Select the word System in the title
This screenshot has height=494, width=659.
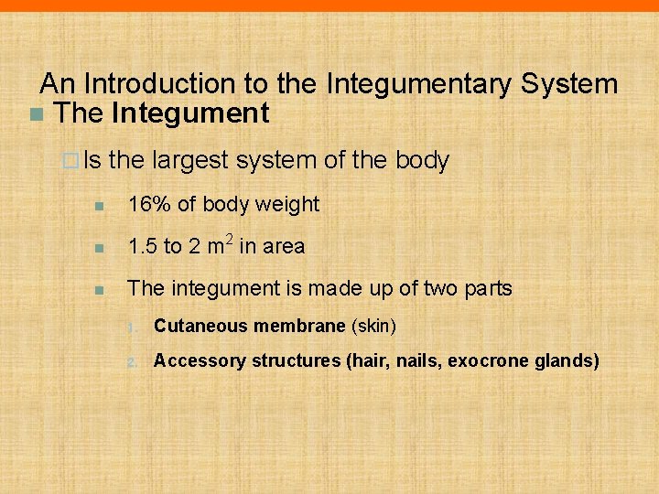[x=569, y=84]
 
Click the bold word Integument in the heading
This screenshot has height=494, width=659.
[x=190, y=113]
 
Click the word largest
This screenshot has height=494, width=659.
[x=189, y=161]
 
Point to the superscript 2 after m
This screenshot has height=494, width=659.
[x=230, y=239]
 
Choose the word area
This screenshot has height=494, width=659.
[x=284, y=246]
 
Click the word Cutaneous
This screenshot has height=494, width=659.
[x=201, y=326]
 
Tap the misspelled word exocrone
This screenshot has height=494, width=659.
[x=481, y=360]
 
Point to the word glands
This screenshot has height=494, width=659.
[x=567, y=360]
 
